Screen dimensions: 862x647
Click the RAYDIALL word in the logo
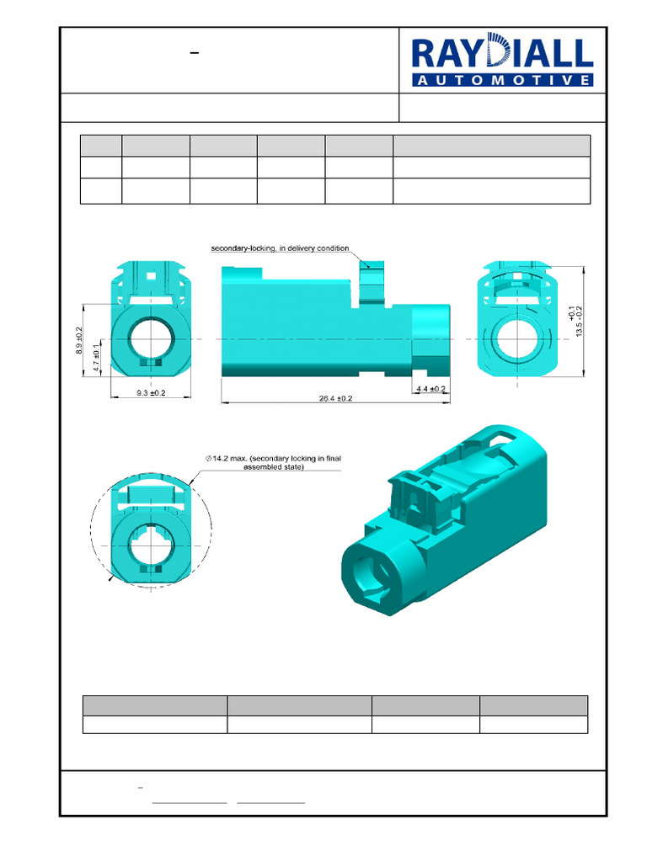coord(502,55)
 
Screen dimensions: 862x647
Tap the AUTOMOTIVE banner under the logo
coord(502,80)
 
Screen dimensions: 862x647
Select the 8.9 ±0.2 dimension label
coord(80,339)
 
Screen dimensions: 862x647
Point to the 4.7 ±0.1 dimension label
coord(98,357)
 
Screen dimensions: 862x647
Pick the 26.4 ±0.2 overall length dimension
coord(335,398)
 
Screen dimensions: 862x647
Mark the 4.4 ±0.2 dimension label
coord(430,388)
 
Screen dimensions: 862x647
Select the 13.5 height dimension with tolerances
coord(575,320)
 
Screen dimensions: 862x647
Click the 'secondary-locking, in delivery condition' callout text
coord(280,248)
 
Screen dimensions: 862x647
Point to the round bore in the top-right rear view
coord(516,339)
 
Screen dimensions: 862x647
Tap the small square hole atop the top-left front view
coord(152,274)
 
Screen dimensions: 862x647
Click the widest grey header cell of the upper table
coord(491,145)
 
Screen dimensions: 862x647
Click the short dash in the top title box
coord(195,53)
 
